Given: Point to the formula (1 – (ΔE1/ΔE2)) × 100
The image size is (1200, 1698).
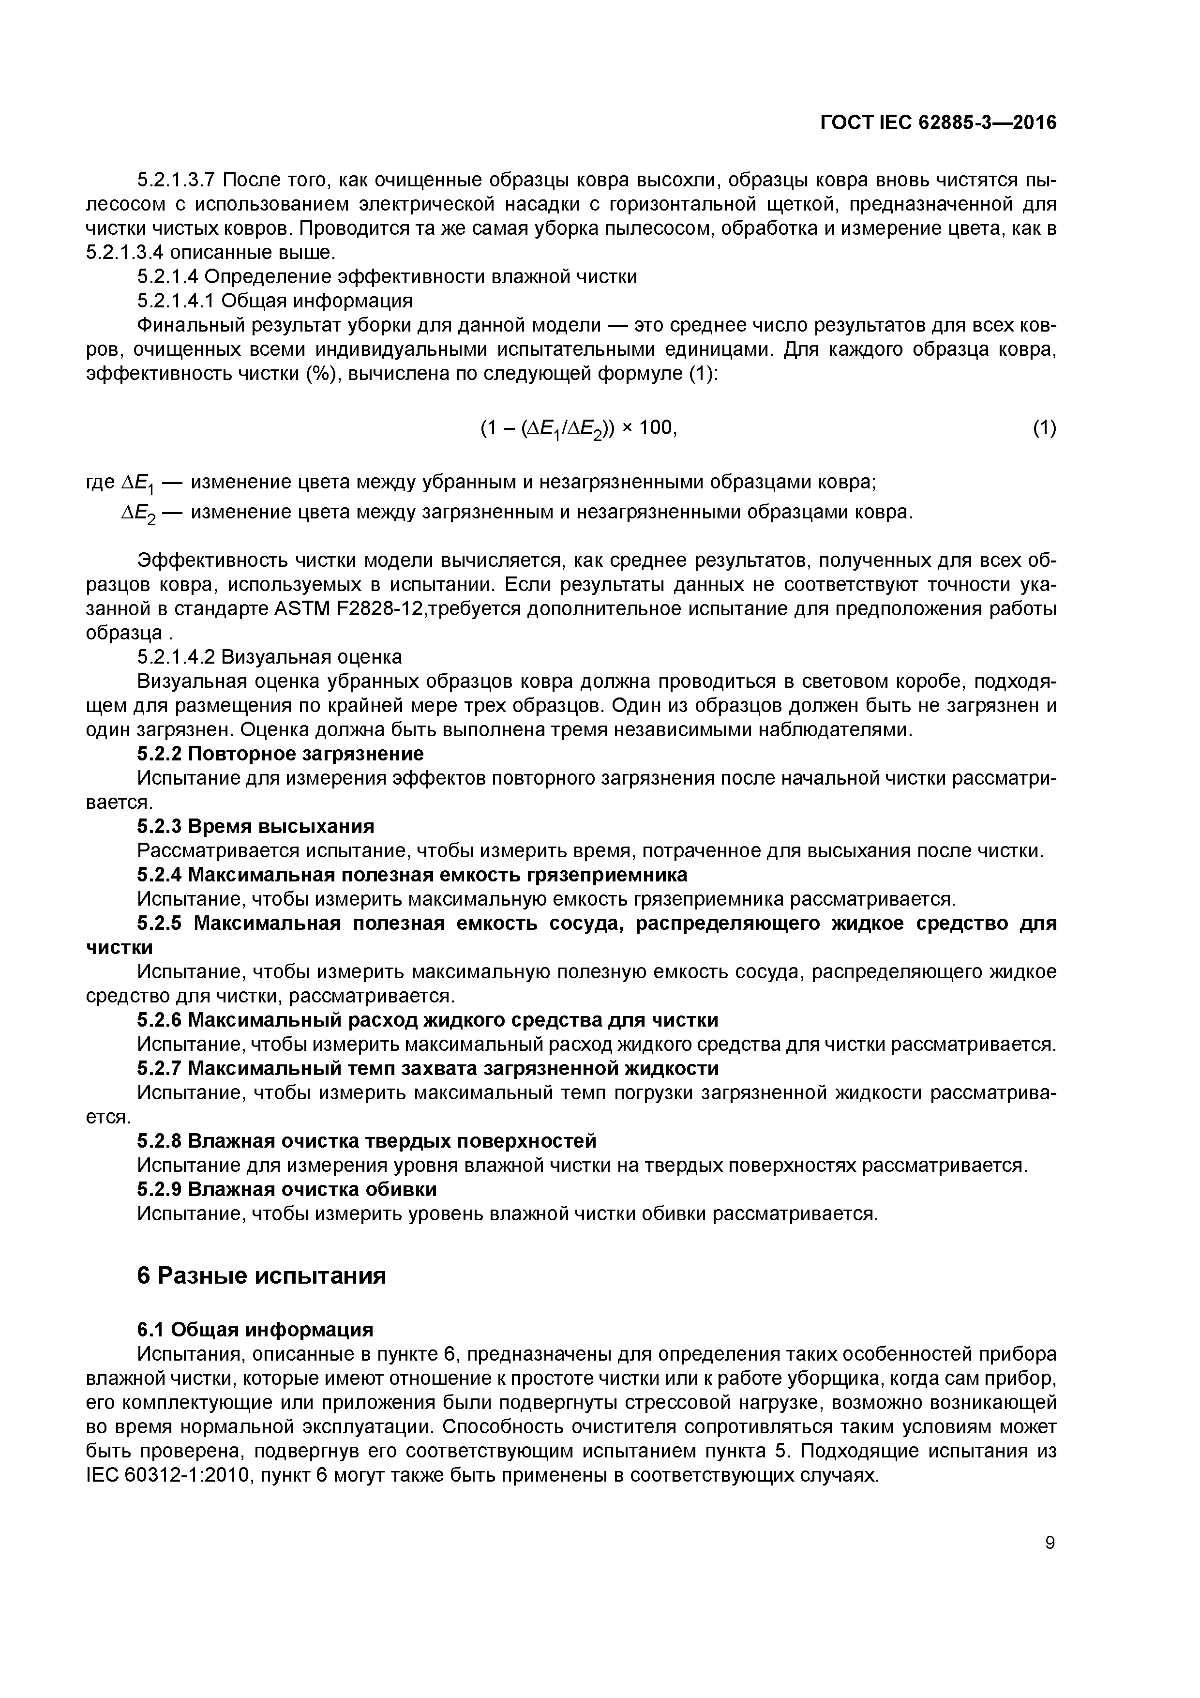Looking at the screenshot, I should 578,429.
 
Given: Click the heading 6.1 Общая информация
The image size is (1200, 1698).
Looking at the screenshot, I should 255,1330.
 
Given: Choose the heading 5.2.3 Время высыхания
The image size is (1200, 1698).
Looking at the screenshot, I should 256,826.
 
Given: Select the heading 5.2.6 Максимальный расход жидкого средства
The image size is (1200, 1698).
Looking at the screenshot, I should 427,1020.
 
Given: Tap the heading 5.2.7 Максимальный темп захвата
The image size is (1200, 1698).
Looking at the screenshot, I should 427,1069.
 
